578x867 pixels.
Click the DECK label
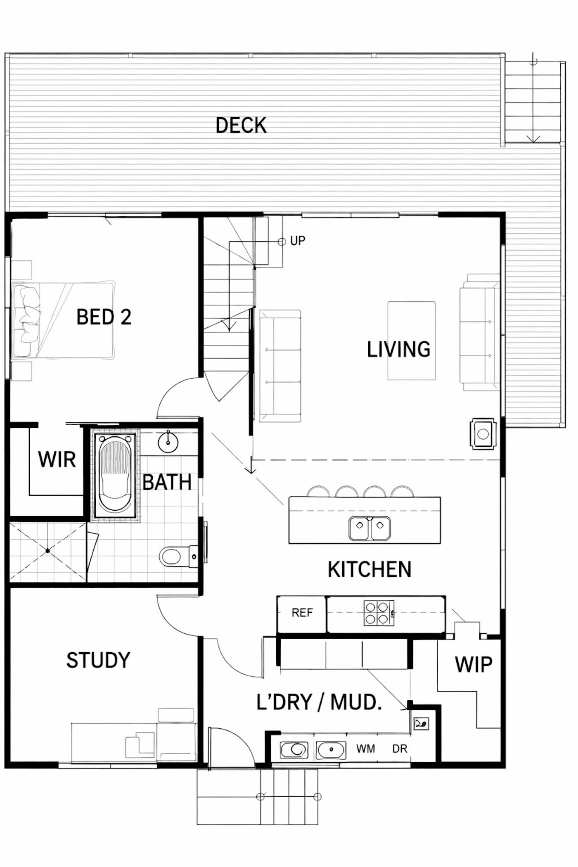pyautogui.click(x=242, y=126)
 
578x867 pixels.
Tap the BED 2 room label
pyautogui.click(x=104, y=317)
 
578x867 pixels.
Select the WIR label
pyautogui.click(x=57, y=460)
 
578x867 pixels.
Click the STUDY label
pyautogui.click(x=98, y=660)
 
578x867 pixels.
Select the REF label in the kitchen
pyautogui.click(x=302, y=613)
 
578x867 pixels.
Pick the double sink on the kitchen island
pyautogui.click(x=370, y=529)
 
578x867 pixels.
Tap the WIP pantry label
pyautogui.click(x=474, y=665)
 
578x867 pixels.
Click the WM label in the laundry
pyautogui.click(x=366, y=749)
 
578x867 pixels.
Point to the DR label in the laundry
pyautogui.click(x=400, y=749)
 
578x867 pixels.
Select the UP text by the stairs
pyautogui.click(x=298, y=241)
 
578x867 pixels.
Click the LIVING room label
pyautogui.click(x=399, y=350)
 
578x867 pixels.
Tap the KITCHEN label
pyautogui.click(x=370, y=570)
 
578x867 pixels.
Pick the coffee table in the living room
pyautogui.click(x=411, y=341)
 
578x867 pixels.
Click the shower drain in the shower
pyautogui.click(x=48, y=551)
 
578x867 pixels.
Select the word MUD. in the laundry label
pyautogui.click(x=356, y=702)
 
